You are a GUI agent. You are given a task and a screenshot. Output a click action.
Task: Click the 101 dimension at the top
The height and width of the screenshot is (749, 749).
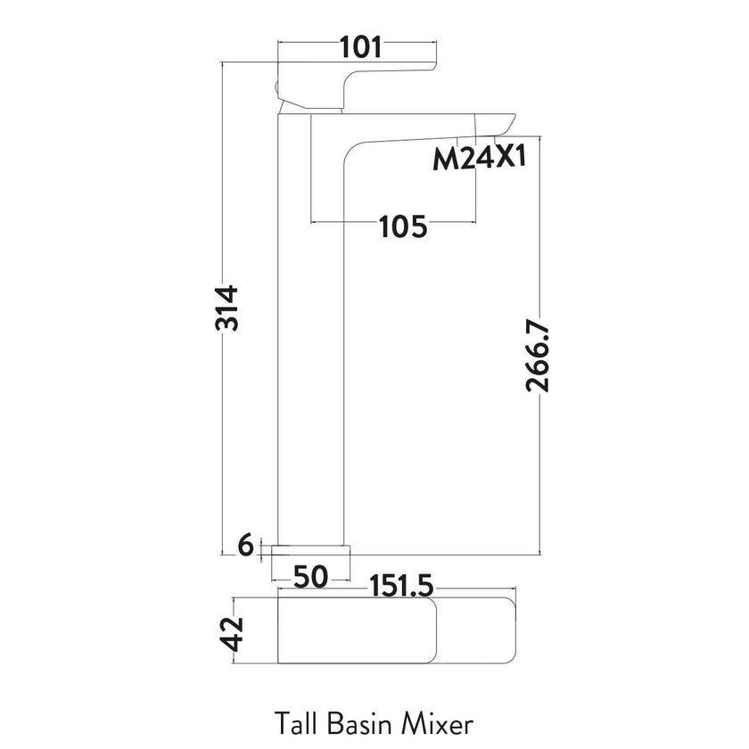click(x=361, y=46)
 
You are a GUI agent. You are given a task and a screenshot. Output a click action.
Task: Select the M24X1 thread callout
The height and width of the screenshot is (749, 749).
click(x=480, y=160)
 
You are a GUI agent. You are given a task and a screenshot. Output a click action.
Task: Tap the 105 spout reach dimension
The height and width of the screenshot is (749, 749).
click(x=403, y=227)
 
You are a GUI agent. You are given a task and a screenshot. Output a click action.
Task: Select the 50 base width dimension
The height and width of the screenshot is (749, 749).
click(x=309, y=577)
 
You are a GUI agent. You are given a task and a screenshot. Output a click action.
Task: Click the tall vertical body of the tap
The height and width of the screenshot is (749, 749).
click(x=312, y=357)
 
